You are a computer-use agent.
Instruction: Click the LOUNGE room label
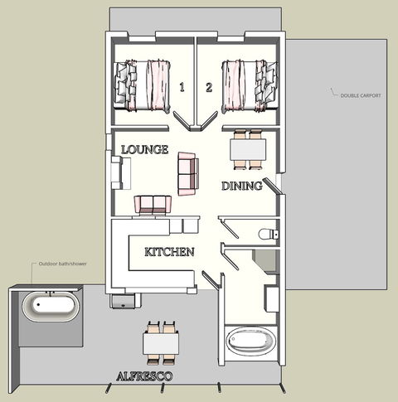[x=144, y=150]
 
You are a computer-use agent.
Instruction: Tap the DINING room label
[x=241, y=186]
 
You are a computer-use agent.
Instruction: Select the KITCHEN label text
[x=169, y=252]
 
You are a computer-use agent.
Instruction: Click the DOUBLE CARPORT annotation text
[x=361, y=95]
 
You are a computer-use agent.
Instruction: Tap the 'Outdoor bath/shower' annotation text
[x=63, y=265]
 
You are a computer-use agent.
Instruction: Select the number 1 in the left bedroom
[x=181, y=86]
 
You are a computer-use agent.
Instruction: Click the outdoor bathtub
[x=50, y=307]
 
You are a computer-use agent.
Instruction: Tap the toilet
[x=267, y=235]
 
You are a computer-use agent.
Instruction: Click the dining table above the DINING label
[x=248, y=148]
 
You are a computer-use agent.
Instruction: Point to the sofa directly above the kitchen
[x=153, y=204]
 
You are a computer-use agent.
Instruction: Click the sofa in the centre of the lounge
[x=187, y=172]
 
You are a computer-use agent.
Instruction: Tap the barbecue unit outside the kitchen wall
[x=123, y=299]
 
